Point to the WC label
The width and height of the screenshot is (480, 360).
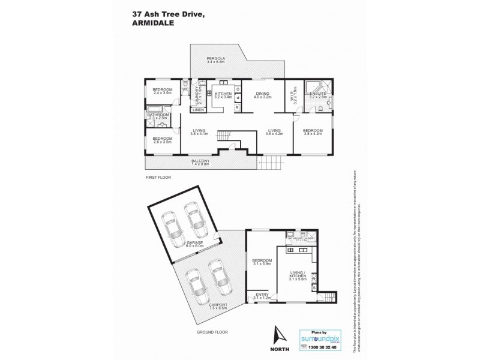[185, 91]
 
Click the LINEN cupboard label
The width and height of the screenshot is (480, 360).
[198, 110]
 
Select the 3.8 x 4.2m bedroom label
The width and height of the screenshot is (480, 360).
[313, 131]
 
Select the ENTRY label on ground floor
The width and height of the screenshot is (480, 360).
[262, 295]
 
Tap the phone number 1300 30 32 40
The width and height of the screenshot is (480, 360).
[322, 347]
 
